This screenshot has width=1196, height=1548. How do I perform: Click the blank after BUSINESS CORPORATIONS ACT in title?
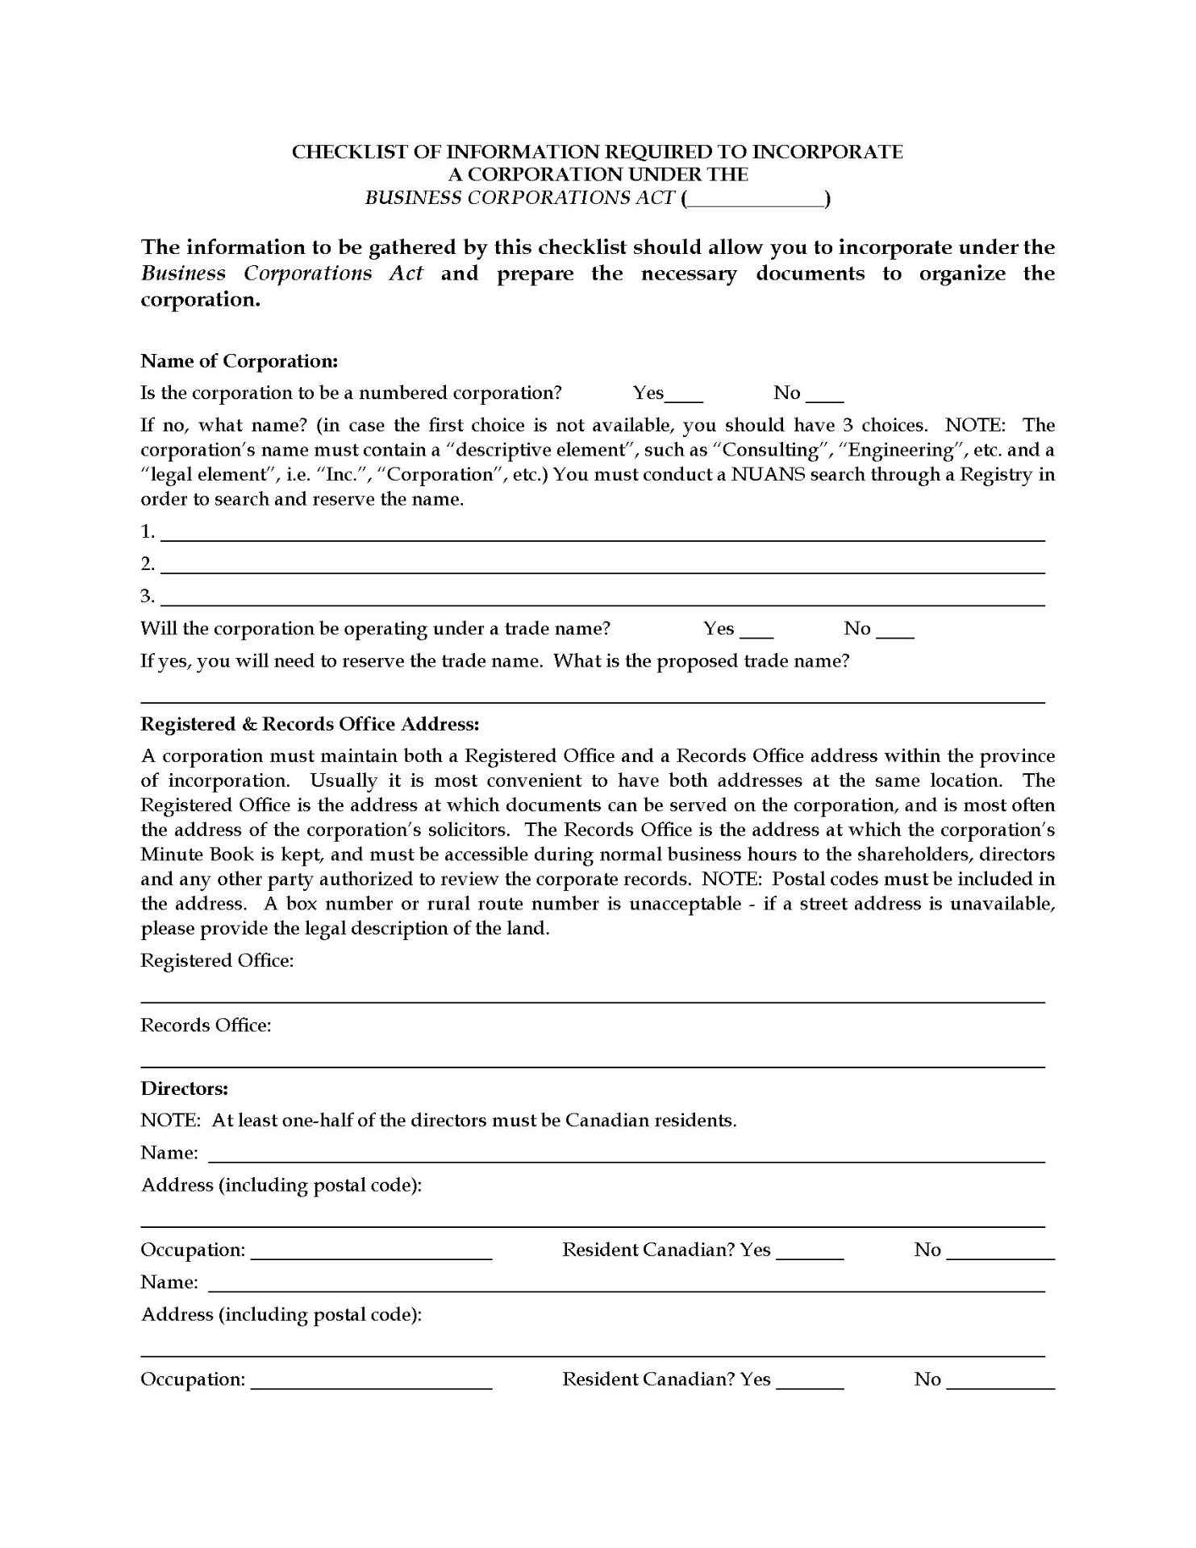point(756,200)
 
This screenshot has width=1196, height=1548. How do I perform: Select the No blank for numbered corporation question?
point(824,395)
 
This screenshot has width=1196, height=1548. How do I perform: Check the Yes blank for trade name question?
point(756,631)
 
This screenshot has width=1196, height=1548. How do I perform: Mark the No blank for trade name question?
point(894,631)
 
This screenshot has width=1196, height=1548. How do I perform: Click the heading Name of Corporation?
point(239,360)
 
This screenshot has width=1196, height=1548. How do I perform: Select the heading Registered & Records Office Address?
point(310,724)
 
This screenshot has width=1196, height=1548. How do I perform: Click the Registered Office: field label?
point(217,960)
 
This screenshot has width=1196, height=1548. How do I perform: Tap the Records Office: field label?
point(206,1026)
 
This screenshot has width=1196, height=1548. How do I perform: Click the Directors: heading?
point(184,1088)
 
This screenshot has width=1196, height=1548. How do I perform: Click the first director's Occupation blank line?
point(371,1252)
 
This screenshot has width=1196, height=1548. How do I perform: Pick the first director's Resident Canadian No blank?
point(1000,1252)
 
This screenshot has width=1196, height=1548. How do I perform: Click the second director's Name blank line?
point(626,1285)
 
